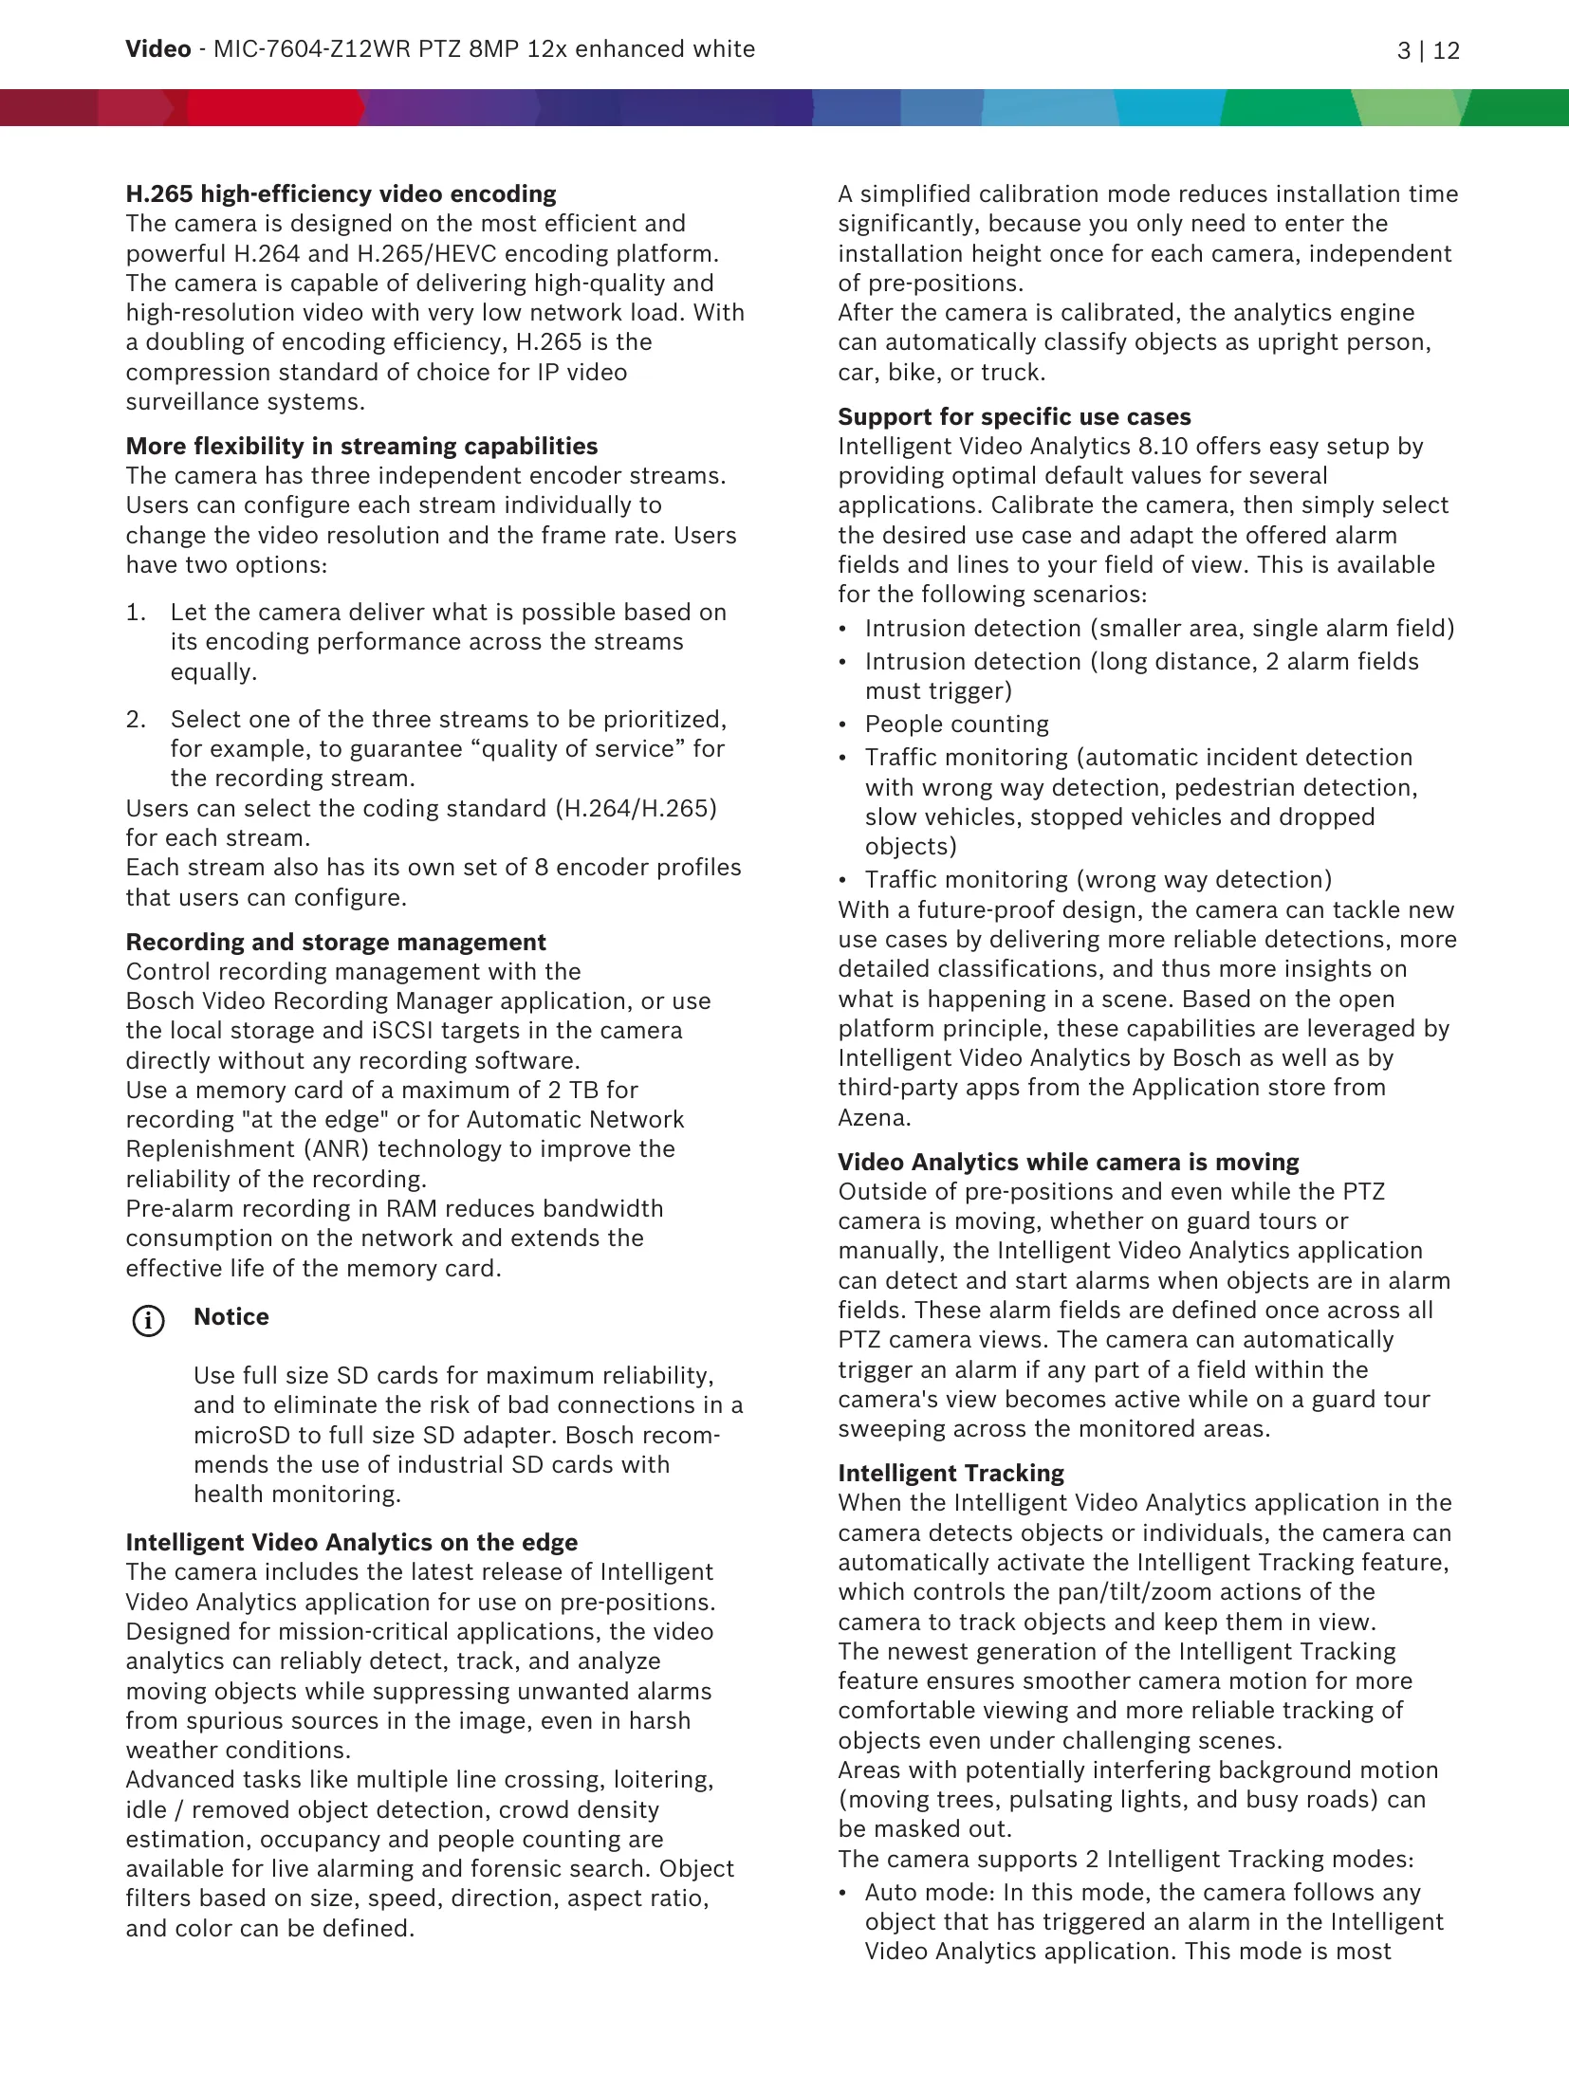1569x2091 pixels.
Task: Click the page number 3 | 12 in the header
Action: pos(1428,50)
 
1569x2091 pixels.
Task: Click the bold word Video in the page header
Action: pos(157,49)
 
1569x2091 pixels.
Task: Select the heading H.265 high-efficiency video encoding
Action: pos(341,193)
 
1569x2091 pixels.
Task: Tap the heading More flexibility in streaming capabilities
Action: pos(361,446)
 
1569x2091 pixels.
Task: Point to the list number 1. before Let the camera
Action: pos(136,613)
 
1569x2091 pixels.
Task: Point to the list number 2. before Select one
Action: pos(136,720)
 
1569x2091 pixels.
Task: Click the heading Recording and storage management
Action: pos(336,942)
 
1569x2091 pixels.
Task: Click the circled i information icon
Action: pos(148,1320)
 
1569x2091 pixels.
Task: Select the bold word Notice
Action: pos(231,1316)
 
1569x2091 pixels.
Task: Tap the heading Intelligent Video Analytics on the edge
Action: pos(351,1542)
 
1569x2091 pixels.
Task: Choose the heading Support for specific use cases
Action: pos(1014,416)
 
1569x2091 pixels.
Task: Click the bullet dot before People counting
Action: pos(842,725)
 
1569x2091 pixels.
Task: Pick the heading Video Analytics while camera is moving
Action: pos(1068,1162)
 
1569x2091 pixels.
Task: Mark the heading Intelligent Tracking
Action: pos(951,1473)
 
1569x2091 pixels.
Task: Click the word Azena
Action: pos(874,1117)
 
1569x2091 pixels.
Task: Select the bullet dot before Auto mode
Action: pos(842,1893)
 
